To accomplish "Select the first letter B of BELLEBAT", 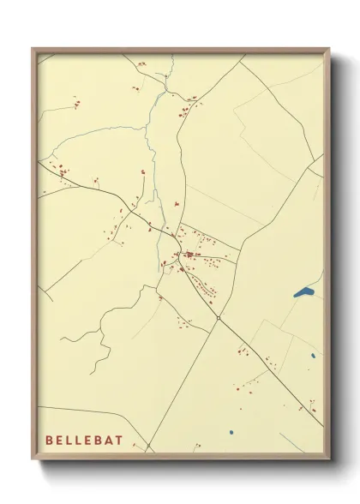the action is [x=49, y=441].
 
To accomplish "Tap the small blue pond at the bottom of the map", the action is [x=231, y=431].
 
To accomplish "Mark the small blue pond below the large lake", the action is [x=314, y=355].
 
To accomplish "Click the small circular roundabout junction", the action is [x=219, y=318].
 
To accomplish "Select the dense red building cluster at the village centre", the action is [x=187, y=255].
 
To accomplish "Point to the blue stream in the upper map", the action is [x=154, y=111].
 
